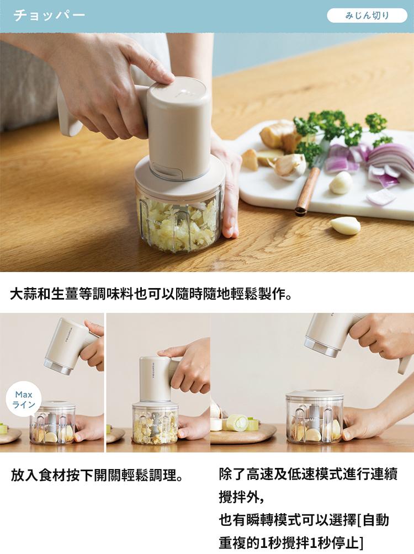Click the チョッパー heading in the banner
49,15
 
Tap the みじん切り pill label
367,15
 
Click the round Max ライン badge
24,399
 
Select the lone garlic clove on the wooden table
346,226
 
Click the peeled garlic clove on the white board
341,183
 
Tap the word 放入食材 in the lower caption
38,475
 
